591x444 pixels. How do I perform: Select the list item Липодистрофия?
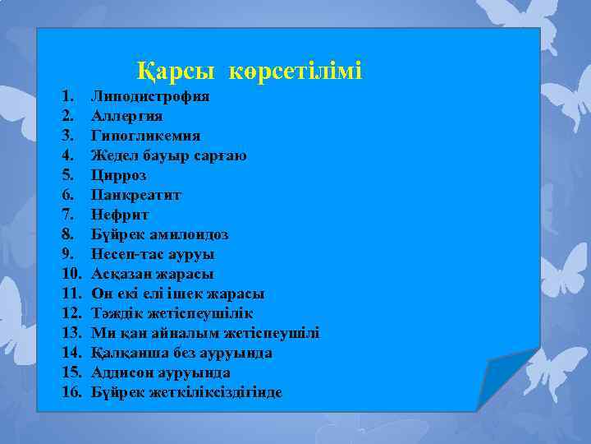tap(149, 96)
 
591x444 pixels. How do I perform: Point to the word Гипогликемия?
tap(145, 136)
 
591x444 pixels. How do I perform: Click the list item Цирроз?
tap(118, 175)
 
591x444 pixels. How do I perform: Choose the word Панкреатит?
tap(136, 195)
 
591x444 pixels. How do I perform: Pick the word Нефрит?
tap(120, 215)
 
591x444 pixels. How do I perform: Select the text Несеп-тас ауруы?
tap(153, 254)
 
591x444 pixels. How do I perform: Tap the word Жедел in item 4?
tap(113, 155)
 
